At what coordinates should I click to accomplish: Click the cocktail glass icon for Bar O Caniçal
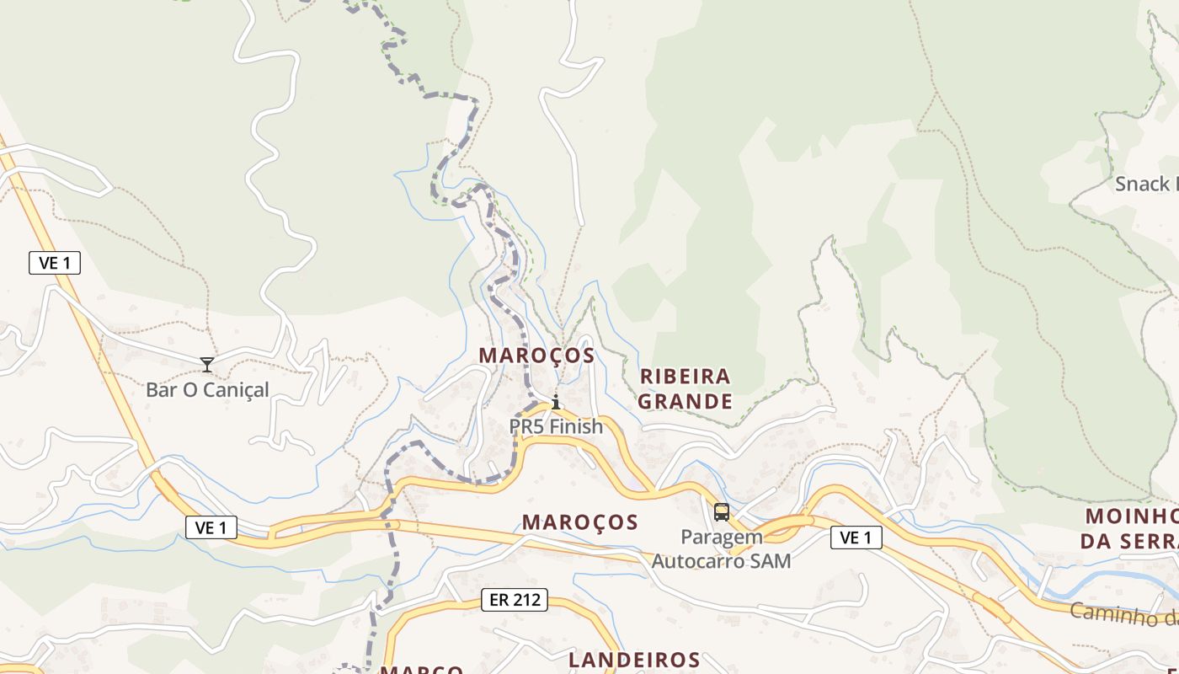point(207,365)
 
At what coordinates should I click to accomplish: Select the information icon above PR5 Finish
point(555,402)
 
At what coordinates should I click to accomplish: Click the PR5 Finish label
point(556,426)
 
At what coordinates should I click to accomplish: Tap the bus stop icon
point(722,511)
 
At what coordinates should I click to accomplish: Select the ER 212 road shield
point(515,600)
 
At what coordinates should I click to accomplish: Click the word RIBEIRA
point(686,376)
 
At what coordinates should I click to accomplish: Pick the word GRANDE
point(685,401)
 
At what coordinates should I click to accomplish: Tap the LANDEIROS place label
point(634,660)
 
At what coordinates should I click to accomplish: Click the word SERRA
point(1146,541)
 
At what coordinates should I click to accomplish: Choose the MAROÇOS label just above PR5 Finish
point(536,356)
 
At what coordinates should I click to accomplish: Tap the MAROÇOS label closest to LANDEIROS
point(580,522)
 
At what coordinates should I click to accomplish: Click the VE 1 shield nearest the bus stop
point(856,538)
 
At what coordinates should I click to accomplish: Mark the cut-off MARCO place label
point(421,670)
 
